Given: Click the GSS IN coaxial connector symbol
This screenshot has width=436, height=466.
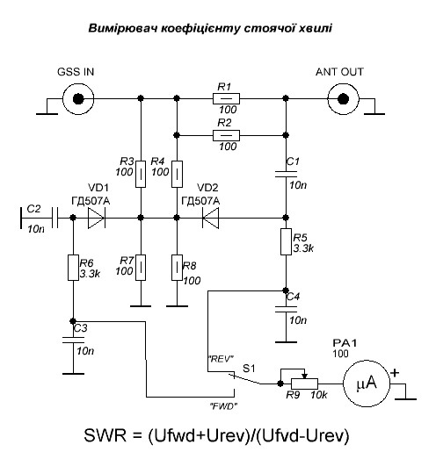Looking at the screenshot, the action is [78, 98].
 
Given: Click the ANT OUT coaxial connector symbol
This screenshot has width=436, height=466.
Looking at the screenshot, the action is [343, 98].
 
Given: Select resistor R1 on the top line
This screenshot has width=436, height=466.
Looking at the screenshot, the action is [226, 98].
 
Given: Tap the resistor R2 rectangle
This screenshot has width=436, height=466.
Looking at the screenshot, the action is [226, 135].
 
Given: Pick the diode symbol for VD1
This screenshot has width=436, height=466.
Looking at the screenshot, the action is [97, 218].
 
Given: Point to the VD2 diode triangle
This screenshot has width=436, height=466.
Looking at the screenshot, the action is [210, 218].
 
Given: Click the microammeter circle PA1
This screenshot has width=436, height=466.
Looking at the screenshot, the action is [367, 384].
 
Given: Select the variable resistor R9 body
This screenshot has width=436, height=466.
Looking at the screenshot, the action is [304, 384].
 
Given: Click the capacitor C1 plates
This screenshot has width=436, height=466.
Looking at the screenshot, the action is [286, 174].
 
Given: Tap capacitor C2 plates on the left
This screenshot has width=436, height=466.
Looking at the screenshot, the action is [54, 218].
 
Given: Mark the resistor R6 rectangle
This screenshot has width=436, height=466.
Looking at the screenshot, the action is [73, 268].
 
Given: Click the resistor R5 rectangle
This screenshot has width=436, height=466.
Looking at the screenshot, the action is [286, 241].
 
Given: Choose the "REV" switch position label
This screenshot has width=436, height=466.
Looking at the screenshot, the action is [222, 359].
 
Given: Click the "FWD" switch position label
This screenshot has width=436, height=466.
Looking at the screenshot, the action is [224, 406].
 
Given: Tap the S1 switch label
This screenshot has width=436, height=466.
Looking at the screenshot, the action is [249, 369].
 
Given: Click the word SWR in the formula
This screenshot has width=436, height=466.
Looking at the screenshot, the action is [105, 435].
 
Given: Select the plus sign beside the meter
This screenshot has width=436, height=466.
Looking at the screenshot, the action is [395, 373].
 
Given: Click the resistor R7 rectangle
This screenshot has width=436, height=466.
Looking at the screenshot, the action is [141, 268].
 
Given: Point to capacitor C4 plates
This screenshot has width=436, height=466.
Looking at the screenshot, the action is [286, 309].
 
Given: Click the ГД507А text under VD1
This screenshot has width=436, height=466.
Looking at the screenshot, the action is [91, 201].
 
